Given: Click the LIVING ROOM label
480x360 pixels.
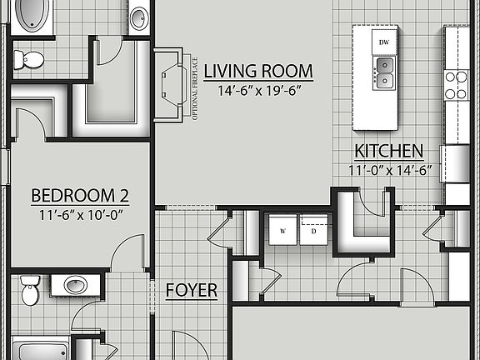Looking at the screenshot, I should click(x=258, y=71).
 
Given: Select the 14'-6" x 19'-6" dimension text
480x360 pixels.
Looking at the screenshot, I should click(x=258, y=90).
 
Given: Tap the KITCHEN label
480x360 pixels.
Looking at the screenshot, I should click(x=389, y=151).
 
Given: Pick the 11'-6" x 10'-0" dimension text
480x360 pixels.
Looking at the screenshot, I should click(x=80, y=213).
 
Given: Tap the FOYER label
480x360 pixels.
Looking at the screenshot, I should click(x=192, y=290).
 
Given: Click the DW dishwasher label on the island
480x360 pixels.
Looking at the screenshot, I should click(x=384, y=42).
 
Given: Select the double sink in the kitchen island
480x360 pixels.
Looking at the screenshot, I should click(x=384, y=72).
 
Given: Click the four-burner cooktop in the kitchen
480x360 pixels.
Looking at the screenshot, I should click(x=456, y=84).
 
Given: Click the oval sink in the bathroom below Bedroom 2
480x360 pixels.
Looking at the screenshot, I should click(x=76, y=285).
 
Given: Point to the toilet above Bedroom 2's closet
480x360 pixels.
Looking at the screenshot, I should click(x=30, y=59).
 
